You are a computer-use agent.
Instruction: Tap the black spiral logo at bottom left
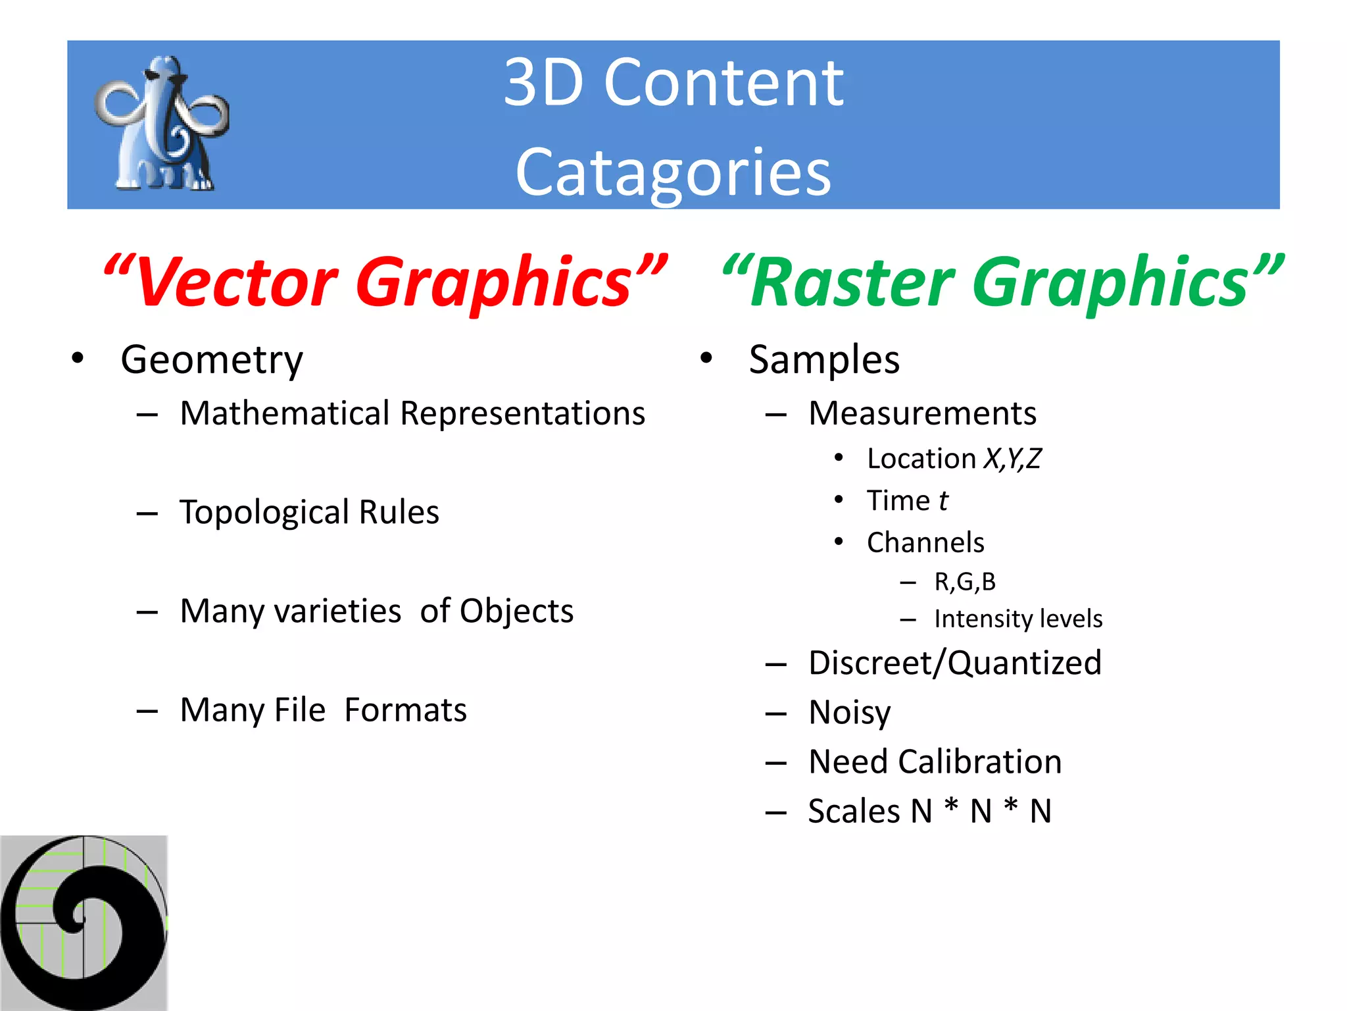pyautogui.click(x=84, y=923)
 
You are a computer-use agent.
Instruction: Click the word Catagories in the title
pyautogui.click(x=673, y=172)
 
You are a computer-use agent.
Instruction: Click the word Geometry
pyautogui.click(x=212, y=360)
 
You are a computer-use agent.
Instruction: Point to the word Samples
pyautogui.click(x=824, y=360)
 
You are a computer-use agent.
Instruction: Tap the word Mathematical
pyautogui.click(x=285, y=413)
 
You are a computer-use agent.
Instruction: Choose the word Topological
pyautogui.click(x=264, y=513)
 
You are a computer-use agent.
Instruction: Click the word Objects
pyautogui.click(x=516, y=611)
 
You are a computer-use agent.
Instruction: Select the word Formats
pyautogui.click(x=406, y=710)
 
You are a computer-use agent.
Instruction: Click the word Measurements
pyautogui.click(x=922, y=413)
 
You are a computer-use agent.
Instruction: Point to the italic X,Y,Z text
pyautogui.click(x=1012, y=459)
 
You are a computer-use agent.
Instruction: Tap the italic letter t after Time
pyautogui.click(x=943, y=501)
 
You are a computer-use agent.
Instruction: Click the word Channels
pyautogui.click(x=925, y=543)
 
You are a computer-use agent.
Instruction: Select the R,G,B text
pyautogui.click(x=965, y=582)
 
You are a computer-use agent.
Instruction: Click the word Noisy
pyautogui.click(x=850, y=713)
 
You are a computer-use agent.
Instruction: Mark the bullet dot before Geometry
pyautogui.click(x=78, y=358)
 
